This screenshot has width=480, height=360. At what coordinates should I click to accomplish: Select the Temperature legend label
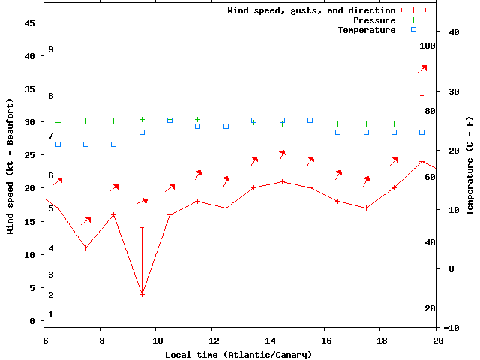pos(366,30)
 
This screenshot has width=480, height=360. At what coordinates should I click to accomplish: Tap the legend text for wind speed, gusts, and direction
pos(311,10)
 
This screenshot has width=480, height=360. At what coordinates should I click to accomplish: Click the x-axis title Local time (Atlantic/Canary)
pos(241,354)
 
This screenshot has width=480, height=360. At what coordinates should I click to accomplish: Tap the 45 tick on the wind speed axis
pos(30,23)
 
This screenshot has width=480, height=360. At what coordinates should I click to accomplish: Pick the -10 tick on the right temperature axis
pos(452,328)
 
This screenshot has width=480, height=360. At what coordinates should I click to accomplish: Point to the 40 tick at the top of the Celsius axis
pos(454,32)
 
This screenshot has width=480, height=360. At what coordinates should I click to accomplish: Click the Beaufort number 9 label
pos(51,49)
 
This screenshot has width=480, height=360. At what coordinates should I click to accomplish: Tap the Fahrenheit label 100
pos(427,46)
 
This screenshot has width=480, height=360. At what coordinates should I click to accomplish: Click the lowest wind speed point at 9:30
pos(142,294)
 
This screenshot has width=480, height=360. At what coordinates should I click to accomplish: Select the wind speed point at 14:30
pos(282,181)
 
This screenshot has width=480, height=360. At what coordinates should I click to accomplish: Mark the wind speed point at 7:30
pos(86,247)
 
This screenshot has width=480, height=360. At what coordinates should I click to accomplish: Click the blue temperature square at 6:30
pos(58,144)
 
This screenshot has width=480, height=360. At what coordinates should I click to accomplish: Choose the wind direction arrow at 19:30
pos(422,69)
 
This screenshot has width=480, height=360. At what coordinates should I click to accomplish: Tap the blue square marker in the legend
pos(413,30)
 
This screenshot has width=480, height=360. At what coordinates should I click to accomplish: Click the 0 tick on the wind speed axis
pos(32,321)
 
